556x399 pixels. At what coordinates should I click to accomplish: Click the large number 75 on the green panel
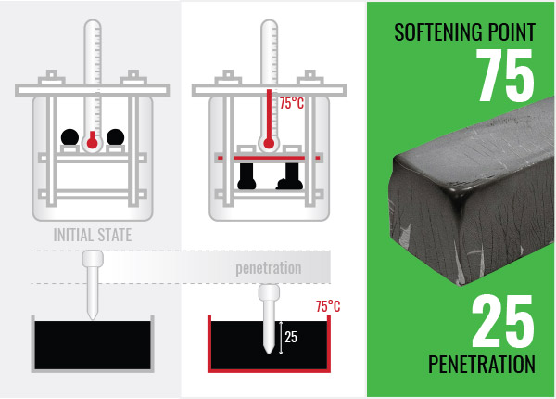point(506,76)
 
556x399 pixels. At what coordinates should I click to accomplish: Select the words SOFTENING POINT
point(464,32)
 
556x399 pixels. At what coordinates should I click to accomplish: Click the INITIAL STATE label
point(92,236)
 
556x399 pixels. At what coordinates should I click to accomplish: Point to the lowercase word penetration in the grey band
point(268,267)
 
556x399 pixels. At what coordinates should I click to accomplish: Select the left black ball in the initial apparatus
point(69,137)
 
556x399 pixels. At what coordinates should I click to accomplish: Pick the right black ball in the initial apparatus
point(115,137)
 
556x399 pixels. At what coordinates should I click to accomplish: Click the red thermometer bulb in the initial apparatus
point(92,141)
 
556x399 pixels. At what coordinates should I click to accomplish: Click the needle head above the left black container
point(92,259)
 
